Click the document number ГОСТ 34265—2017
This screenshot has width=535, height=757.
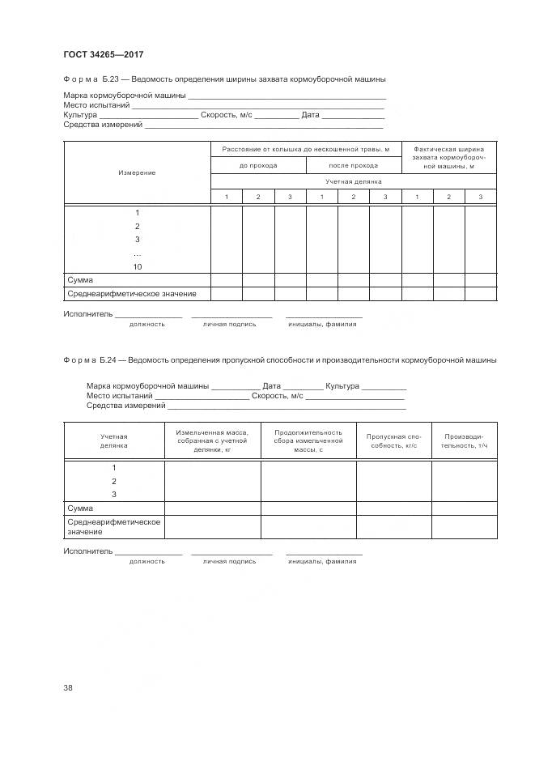click(x=103, y=55)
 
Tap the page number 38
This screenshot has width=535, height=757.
click(x=68, y=688)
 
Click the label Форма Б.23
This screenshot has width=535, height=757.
click(x=91, y=79)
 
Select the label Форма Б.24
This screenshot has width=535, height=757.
click(x=91, y=359)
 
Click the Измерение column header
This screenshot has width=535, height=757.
click(x=137, y=173)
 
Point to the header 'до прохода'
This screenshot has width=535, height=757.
click(x=258, y=165)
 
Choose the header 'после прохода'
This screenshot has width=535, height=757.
click(x=353, y=165)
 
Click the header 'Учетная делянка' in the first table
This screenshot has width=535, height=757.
click(x=353, y=181)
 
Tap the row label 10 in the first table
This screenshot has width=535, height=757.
click(x=137, y=266)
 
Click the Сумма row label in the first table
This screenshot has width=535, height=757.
click(x=80, y=280)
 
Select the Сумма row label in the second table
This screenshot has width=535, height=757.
click(x=80, y=508)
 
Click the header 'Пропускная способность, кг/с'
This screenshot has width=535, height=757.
click(x=393, y=441)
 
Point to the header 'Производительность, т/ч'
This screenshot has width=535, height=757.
click(x=464, y=441)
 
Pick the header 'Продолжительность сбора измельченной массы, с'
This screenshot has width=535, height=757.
click(x=308, y=441)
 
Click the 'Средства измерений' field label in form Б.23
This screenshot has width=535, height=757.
click(x=103, y=125)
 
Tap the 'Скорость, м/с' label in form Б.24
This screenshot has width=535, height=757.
click(x=277, y=396)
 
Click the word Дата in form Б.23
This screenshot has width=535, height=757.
click(x=311, y=115)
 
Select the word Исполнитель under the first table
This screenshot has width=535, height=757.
click(x=87, y=313)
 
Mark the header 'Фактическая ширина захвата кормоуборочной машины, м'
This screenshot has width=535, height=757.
click(x=448, y=157)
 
